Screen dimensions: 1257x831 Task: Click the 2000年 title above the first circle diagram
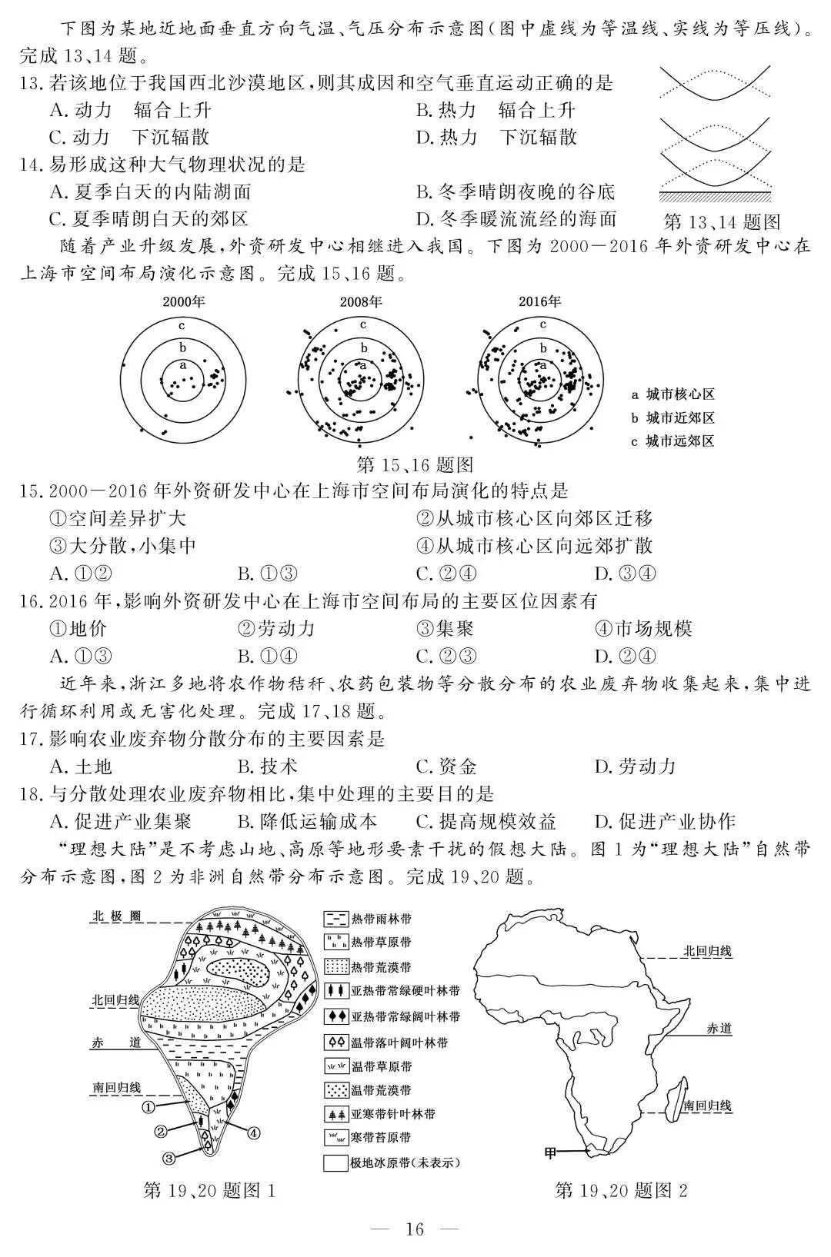click(x=183, y=302)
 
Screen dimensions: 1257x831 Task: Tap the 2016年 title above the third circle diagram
click(x=539, y=302)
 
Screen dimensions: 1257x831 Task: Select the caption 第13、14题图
click(x=721, y=223)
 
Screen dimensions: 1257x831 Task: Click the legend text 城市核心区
click(x=680, y=394)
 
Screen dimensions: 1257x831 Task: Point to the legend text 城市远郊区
click(x=680, y=441)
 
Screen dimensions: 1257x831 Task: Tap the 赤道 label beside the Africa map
click(x=719, y=1028)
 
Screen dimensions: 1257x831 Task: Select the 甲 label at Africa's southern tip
click(x=550, y=1153)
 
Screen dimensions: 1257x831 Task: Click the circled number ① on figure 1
click(x=149, y=1106)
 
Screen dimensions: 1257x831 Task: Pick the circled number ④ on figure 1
click(x=253, y=1132)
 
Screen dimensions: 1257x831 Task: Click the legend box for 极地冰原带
click(x=335, y=1163)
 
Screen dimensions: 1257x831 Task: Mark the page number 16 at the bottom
click(x=415, y=1229)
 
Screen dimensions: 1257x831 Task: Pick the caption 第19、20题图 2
click(x=621, y=1191)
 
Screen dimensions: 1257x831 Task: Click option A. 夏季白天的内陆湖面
click(x=151, y=192)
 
